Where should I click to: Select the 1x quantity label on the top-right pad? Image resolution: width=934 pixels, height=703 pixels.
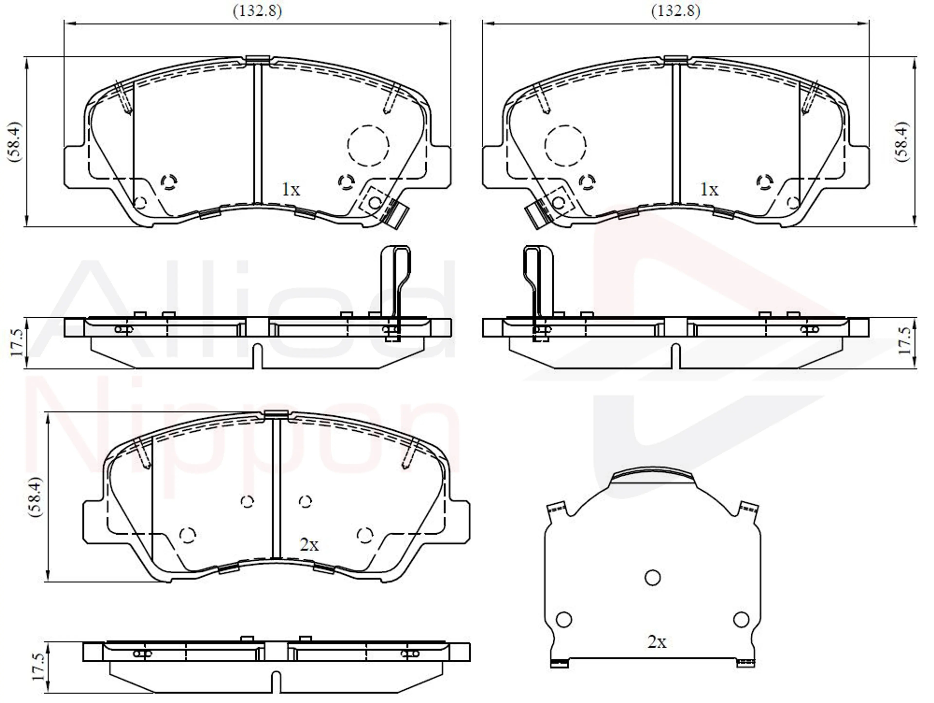pos(709,190)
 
